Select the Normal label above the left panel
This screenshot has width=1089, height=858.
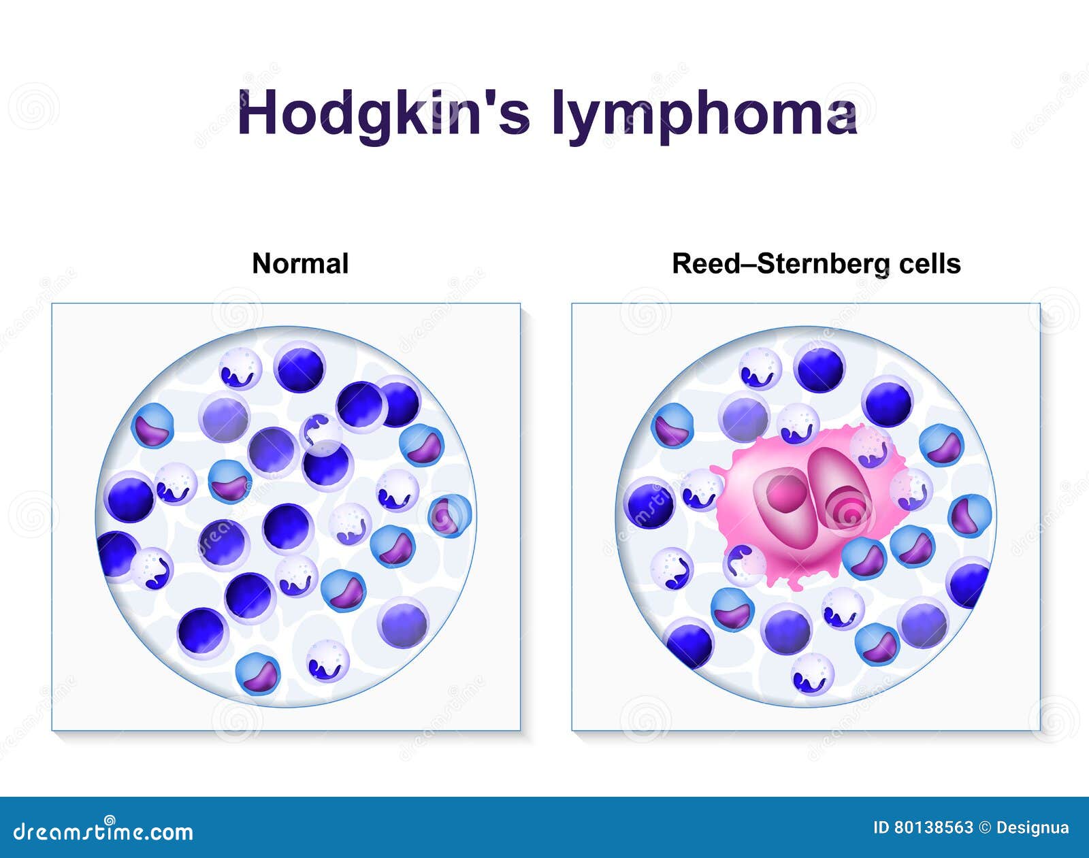[x=300, y=264]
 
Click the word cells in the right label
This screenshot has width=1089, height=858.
[x=930, y=264]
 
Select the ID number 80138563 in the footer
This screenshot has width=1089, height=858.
[x=933, y=828]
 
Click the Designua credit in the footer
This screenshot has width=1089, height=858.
[x=1032, y=828]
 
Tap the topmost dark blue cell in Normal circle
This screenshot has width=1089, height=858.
[x=299, y=368]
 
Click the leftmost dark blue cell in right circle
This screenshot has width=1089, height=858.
[x=649, y=504]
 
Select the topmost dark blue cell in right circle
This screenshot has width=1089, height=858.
[x=819, y=368]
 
